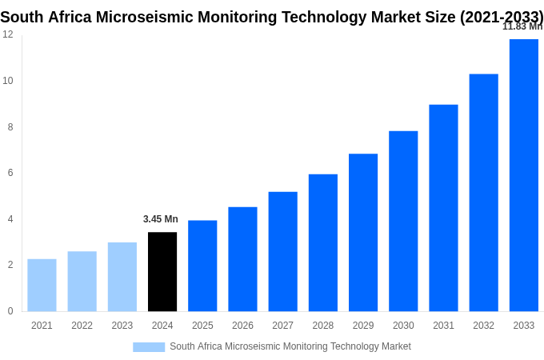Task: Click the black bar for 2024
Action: [x=162, y=272]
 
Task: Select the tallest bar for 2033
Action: [x=523, y=175]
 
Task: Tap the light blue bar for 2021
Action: [x=42, y=285]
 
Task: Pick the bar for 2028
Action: [x=322, y=242]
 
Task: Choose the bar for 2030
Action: [x=403, y=221]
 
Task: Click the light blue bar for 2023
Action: [x=122, y=277]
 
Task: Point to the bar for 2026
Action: [x=242, y=259]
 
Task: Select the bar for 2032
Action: [x=483, y=193]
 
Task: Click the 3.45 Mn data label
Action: [x=161, y=219]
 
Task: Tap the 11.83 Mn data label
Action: [x=522, y=26]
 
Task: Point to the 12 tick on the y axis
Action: [x=8, y=34]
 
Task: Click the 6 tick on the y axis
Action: [x=10, y=173]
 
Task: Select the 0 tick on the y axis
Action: [x=10, y=311]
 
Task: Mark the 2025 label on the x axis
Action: [x=202, y=326]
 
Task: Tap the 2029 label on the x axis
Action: [x=362, y=326]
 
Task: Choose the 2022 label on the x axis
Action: [x=82, y=326]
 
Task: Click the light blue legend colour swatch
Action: [x=149, y=347]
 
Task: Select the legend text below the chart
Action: [x=290, y=346]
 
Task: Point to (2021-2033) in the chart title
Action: [x=502, y=17]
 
